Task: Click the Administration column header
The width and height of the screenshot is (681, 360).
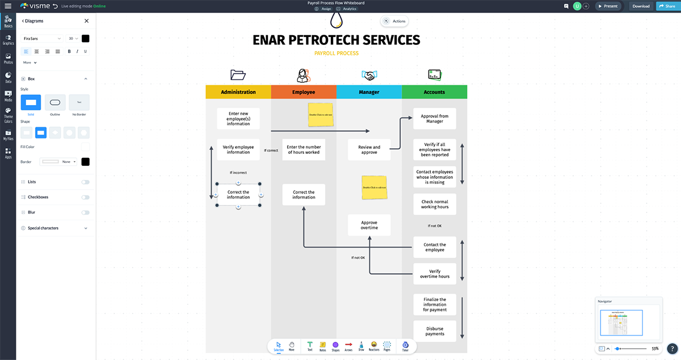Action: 238,92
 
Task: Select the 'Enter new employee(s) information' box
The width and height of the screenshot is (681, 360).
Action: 238,119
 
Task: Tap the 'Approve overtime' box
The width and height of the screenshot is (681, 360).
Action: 369,225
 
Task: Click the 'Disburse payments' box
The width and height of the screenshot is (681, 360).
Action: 435,331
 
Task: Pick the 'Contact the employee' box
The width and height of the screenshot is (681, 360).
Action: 435,248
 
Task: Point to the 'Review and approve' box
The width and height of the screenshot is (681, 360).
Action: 369,150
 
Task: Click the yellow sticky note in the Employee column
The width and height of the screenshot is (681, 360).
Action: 321,114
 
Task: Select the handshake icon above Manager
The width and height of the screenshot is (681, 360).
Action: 369,75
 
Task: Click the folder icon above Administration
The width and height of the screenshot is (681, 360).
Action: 238,75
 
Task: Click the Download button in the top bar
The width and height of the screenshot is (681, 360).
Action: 641,6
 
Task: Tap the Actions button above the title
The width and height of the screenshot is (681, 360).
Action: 394,21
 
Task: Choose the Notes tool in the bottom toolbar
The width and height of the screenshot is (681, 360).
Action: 322,346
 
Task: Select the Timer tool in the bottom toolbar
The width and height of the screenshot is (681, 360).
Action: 405,346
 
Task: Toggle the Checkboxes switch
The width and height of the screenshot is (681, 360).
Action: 85,197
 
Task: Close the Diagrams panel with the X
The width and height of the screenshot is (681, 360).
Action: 86,21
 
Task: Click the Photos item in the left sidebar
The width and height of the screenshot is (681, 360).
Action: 8,58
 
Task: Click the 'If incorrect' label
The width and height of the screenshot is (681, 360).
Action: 238,173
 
